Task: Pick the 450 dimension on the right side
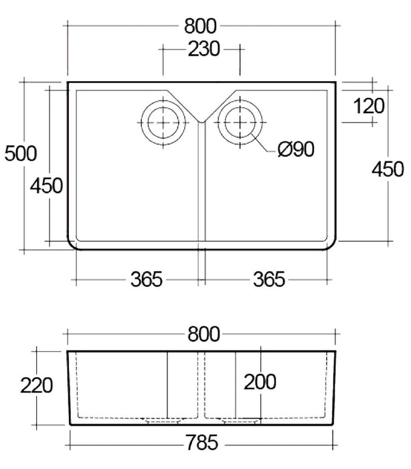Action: [388, 168]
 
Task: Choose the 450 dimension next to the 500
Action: [46, 185]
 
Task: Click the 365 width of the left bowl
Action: [145, 279]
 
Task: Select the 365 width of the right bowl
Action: [267, 279]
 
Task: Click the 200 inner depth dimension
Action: [260, 382]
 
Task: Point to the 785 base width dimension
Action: [201, 443]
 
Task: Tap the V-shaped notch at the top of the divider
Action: [201, 121]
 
